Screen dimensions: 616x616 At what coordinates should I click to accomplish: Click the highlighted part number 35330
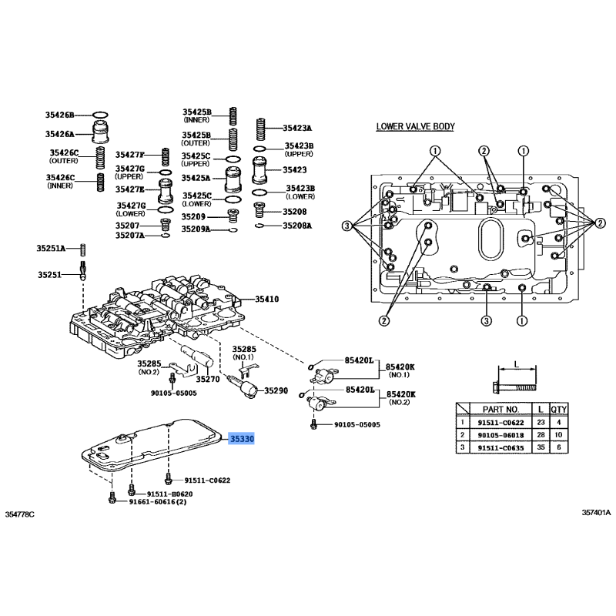pos(243,438)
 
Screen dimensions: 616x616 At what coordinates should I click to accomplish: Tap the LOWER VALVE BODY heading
pos(415,127)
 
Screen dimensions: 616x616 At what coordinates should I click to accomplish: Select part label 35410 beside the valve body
pos(266,300)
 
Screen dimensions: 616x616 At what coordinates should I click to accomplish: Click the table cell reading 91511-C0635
pos(500,447)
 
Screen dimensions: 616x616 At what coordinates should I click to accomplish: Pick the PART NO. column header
pos(500,409)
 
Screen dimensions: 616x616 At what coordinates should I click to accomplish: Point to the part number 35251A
pos(51,248)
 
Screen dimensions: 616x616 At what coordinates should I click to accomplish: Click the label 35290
pos(276,391)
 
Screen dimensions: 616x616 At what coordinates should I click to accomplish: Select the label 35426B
pos(59,115)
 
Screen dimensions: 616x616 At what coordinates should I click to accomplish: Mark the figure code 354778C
pos(20,514)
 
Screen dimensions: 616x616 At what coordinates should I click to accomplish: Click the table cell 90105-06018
pos(500,435)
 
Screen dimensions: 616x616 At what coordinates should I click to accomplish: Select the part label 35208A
pos(297,226)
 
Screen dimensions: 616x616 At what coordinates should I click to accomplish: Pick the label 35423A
pos(297,128)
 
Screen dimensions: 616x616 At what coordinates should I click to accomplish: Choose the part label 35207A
pos(130,235)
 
